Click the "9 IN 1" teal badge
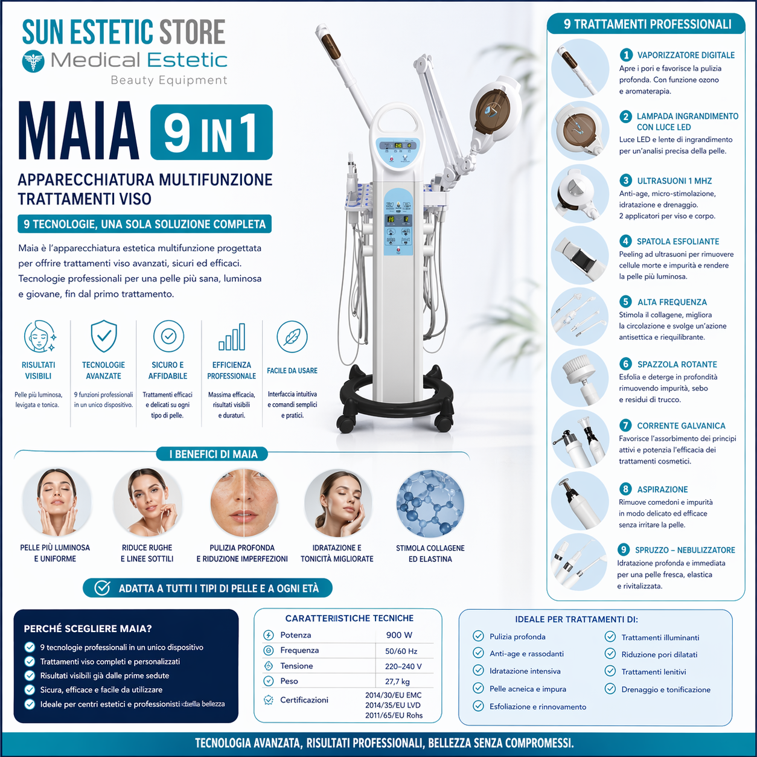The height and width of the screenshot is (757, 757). pyautogui.click(x=211, y=132)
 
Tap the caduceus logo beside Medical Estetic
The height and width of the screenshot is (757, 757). pyautogui.click(x=33, y=61)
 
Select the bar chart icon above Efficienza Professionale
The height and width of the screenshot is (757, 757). pyautogui.click(x=232, y=337)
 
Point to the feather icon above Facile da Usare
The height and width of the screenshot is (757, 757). pyautogui.click(x=292, y=337)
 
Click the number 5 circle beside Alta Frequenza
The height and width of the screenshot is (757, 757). pyautogui.click(x=626, y=302)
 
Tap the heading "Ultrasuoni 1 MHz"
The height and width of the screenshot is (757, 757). pyautogui.click(x=674, y=180)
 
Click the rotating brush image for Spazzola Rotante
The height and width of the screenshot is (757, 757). pyautogui.click(x=580, y=378)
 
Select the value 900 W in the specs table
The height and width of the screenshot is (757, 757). pyautogui.click(x=399, y=635)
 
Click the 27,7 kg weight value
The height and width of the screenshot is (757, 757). pyautogui.click(x=397, y=682)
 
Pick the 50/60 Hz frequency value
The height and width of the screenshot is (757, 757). pyautogui.click(x=401, y=651)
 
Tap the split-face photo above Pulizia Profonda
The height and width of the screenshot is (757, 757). pyautogui.click(x=243, y=503)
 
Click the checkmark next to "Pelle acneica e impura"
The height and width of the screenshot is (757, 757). pyautogui.click(x=478, y=688)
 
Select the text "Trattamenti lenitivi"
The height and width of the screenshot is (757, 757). pyautogui.click(x=654, y=672)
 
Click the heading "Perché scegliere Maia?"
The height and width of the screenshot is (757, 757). pyautogui.click(x=88, y=628)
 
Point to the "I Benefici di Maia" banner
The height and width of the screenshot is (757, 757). pyautogui.click(x=213, y=454)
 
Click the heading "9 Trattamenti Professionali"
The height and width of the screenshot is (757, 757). pyautogui.click(x=647, y=24)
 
